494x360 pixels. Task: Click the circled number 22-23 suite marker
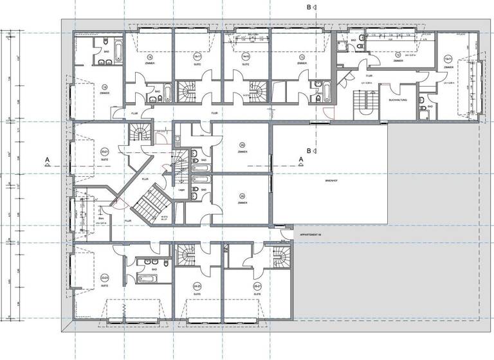point(104,277)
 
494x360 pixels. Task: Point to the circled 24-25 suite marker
point(197,285)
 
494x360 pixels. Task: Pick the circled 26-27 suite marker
point(257,285)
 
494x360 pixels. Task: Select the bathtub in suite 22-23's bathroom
point(147,278)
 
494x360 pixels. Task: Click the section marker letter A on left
point(47,157)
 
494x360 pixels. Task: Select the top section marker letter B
point(309,7)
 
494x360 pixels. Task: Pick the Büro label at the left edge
point(83,219)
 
